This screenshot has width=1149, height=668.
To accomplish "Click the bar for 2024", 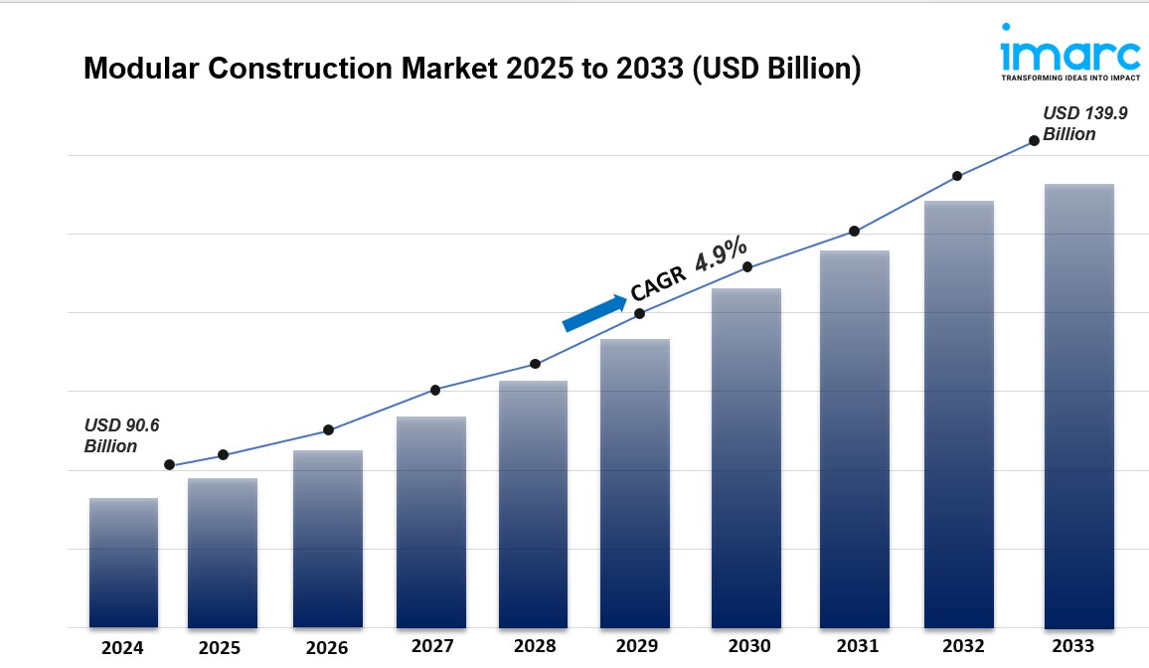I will click(x=123, y=563).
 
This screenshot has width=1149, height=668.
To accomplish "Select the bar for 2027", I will click(x=431, y=522).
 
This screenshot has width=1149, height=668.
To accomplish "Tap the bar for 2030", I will click(x=746, y=457).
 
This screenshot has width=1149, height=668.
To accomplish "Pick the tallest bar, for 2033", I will click(x=1079, y=406).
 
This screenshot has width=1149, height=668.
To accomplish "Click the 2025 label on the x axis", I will click(x=219, y=648).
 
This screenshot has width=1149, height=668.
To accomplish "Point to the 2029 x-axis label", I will click(x=636, y=646).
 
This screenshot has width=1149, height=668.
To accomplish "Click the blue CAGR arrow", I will click(x=594, y=311).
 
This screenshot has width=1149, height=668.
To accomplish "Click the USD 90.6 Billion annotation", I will click(x=121, y=435).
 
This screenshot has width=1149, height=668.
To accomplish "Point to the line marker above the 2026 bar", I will click(x=328, y=430).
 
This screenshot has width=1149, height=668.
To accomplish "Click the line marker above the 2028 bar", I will click(x=535, y=364).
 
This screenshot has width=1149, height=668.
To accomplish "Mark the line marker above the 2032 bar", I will click(x=957, y=176).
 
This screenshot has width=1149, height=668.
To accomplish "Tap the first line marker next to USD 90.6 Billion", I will click(x=169, y=465).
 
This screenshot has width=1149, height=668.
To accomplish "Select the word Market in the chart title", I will click(x=443, y=69).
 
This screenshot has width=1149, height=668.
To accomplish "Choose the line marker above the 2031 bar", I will click(x=854, y=232).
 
